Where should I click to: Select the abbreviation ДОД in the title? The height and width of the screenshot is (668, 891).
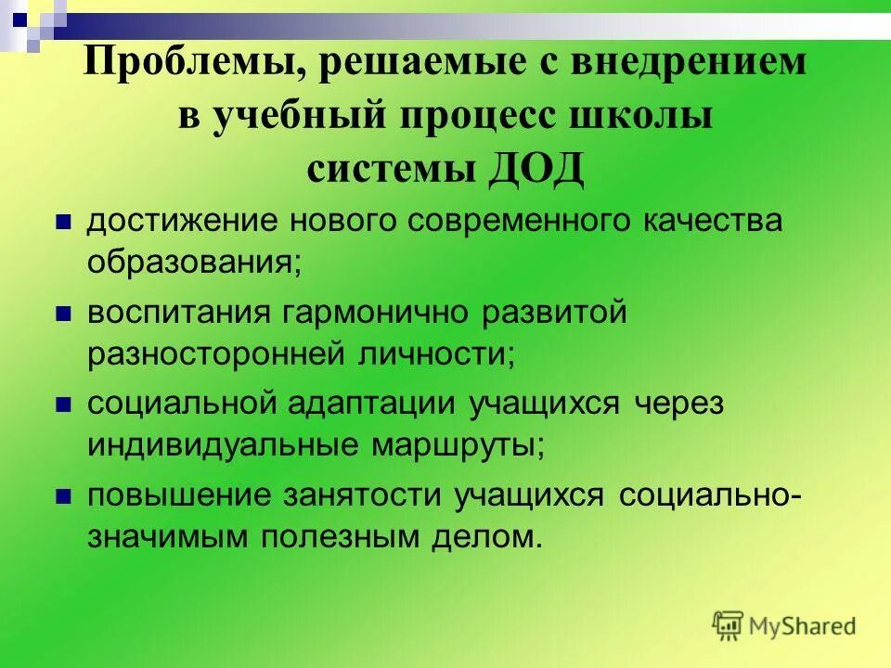coord(536,169)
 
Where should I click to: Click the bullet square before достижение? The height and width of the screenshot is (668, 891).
coord(64,224)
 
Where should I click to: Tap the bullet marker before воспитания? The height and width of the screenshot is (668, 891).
coord(64,315)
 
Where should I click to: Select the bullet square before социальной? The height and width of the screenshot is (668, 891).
coord(64,405)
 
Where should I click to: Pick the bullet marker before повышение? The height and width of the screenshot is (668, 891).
coord(64,496)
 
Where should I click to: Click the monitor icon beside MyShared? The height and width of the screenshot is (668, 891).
coord(729,624)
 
